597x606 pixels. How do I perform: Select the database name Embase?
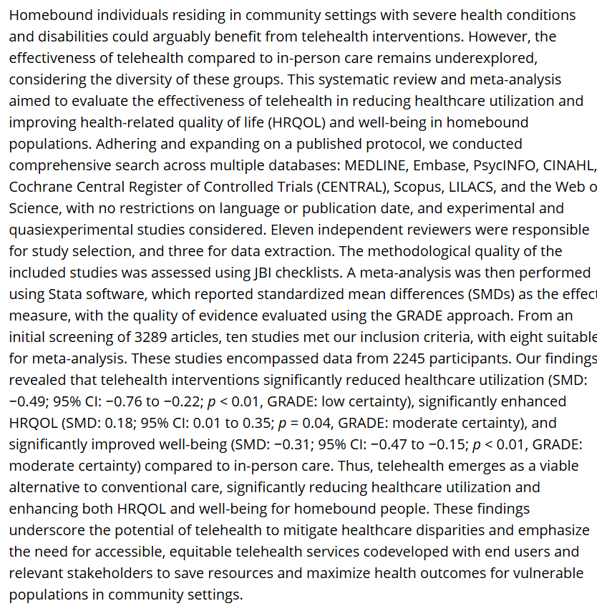pos(436,164)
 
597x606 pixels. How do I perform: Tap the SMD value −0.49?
pos(28,401)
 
